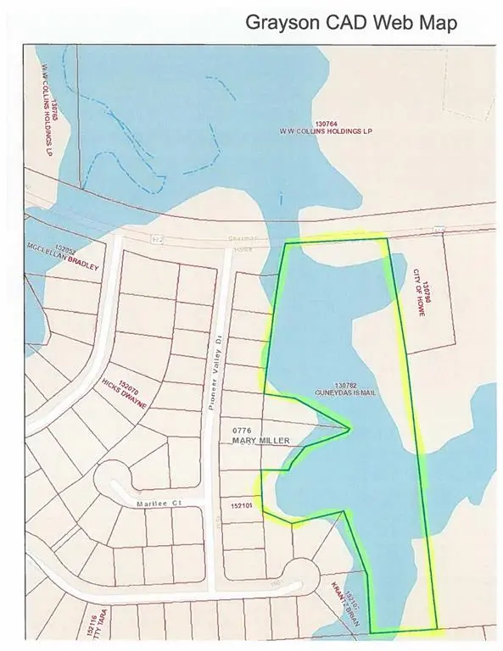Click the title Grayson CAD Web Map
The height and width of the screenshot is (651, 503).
click(351, 22)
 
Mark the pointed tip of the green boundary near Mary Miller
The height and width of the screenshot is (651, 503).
click(349, 428)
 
